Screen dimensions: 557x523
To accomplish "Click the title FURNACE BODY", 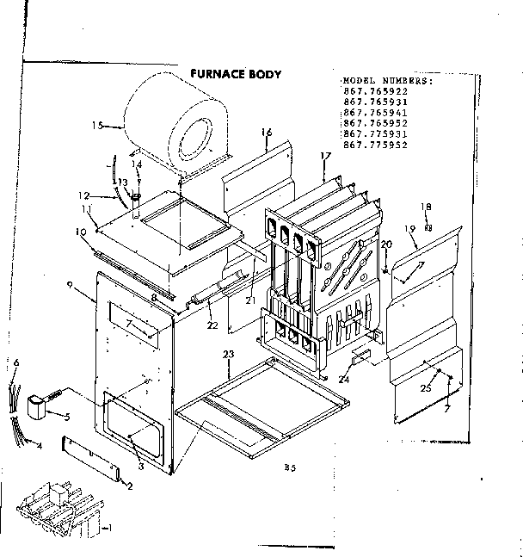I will pos(235,74).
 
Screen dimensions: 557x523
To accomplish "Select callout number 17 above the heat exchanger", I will pos(324,156).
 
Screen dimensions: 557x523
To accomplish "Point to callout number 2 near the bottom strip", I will pos(129,486).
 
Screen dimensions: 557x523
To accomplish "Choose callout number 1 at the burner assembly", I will pos(107,527).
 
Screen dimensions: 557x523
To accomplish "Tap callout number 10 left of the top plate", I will pos(80,232).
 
